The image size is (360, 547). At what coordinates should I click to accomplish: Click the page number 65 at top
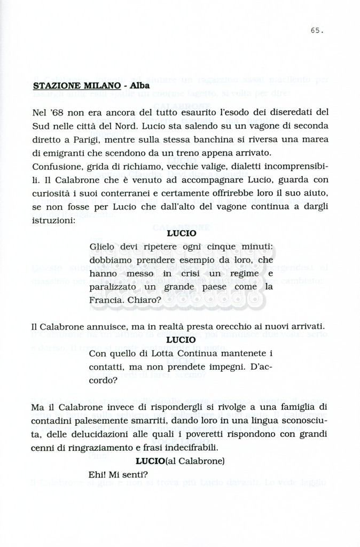316,30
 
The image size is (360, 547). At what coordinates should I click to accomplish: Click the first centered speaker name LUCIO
181,233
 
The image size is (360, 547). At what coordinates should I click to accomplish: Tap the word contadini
52,421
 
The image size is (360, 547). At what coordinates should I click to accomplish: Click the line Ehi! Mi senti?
118,474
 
